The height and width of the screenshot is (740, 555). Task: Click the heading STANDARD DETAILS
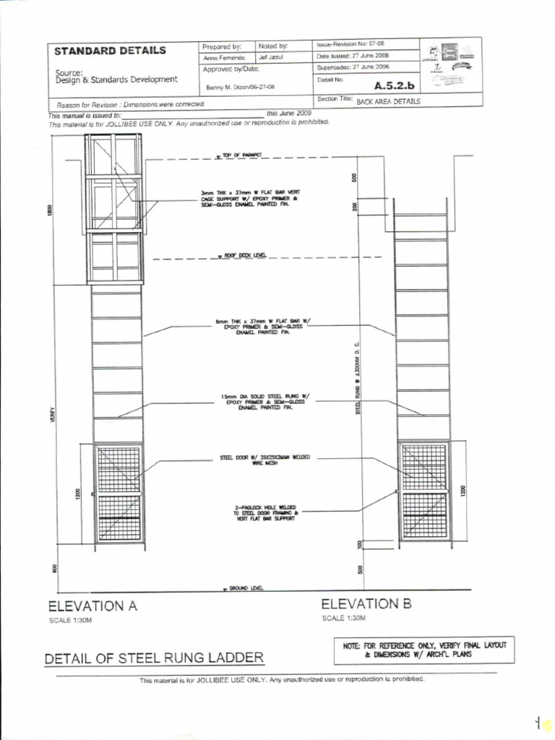tap(110, 51)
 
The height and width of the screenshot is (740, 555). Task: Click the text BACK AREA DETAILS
tap(388, 102)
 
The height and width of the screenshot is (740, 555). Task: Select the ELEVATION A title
tap(92, 606)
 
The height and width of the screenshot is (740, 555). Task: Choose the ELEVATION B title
tap(366, 603)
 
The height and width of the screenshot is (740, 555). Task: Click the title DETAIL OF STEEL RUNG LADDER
tap(154, 658)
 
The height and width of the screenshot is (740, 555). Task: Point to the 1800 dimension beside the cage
tap(51, 210)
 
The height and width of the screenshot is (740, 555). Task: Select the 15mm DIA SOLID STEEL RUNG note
tap(264, 401)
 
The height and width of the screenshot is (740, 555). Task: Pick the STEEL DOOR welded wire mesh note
tap(264, 461)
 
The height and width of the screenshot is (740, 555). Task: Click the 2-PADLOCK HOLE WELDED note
tap(264, 512)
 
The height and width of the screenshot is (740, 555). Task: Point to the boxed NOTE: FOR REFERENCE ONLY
tap(425, 649)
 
